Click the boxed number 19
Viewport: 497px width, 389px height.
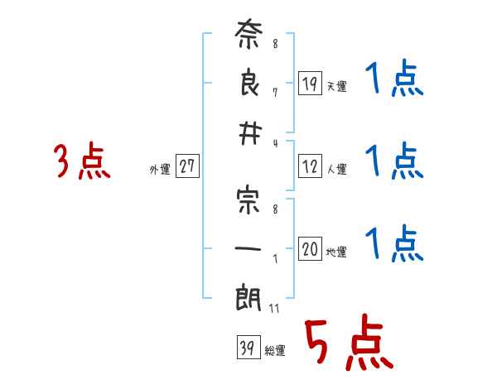310,84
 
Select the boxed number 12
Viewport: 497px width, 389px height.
310,167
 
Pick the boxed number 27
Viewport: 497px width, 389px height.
187,166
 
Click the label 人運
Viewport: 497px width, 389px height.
336,170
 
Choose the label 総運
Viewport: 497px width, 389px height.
274,351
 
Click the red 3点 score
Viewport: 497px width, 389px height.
81,161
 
